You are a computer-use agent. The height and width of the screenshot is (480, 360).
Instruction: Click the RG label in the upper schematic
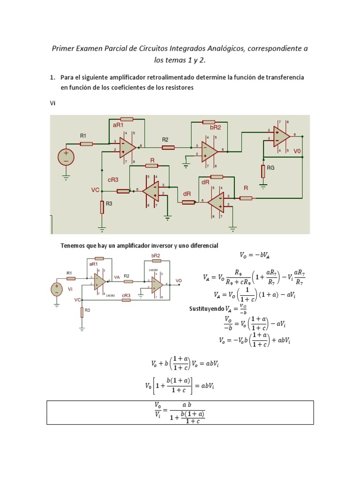point(271,168)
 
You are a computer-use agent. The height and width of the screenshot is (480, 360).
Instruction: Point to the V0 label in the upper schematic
point(298,151)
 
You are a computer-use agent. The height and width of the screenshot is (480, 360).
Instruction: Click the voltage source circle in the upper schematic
point(66,156)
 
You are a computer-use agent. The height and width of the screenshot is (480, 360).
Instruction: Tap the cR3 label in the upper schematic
point(113,180)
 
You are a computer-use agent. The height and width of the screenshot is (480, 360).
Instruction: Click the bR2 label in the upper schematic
point(215,127)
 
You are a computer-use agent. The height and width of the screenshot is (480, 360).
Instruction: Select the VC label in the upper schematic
point(95,190)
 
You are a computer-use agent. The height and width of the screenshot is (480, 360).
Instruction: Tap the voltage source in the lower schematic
point(57,289)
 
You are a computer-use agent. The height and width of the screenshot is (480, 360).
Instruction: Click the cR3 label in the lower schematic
point(126,295)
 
